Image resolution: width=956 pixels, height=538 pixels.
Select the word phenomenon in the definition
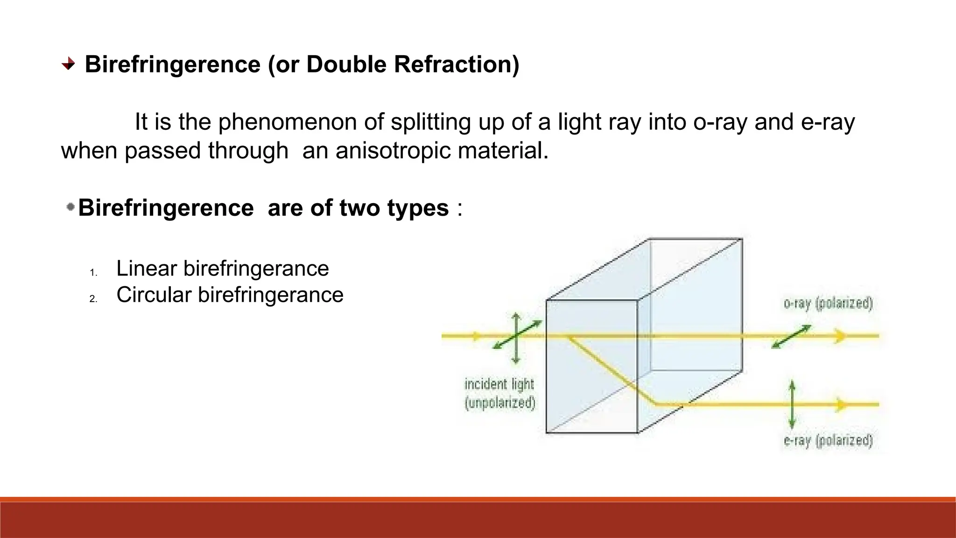coord(301,122)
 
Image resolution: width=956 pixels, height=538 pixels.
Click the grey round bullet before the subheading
coord(70,206)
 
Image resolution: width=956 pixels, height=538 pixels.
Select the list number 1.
coord(93,273)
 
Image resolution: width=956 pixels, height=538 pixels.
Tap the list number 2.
coord(93,299)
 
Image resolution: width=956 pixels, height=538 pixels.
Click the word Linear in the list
coord(147,269)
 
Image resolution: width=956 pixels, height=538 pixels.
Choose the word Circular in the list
coord(154,295)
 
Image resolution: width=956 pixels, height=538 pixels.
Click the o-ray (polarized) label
coord(828,304)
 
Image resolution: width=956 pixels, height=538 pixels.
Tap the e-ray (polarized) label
coord(828,440)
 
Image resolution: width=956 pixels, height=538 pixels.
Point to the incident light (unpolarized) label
coord(499,393)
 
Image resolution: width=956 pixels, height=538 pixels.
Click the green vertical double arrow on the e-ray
coord(792,404)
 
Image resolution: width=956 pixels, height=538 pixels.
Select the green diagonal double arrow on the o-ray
coord(791,337)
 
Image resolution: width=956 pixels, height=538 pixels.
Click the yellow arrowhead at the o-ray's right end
coord(841,336)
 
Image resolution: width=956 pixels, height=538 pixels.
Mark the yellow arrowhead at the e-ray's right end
coord(841,404)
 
